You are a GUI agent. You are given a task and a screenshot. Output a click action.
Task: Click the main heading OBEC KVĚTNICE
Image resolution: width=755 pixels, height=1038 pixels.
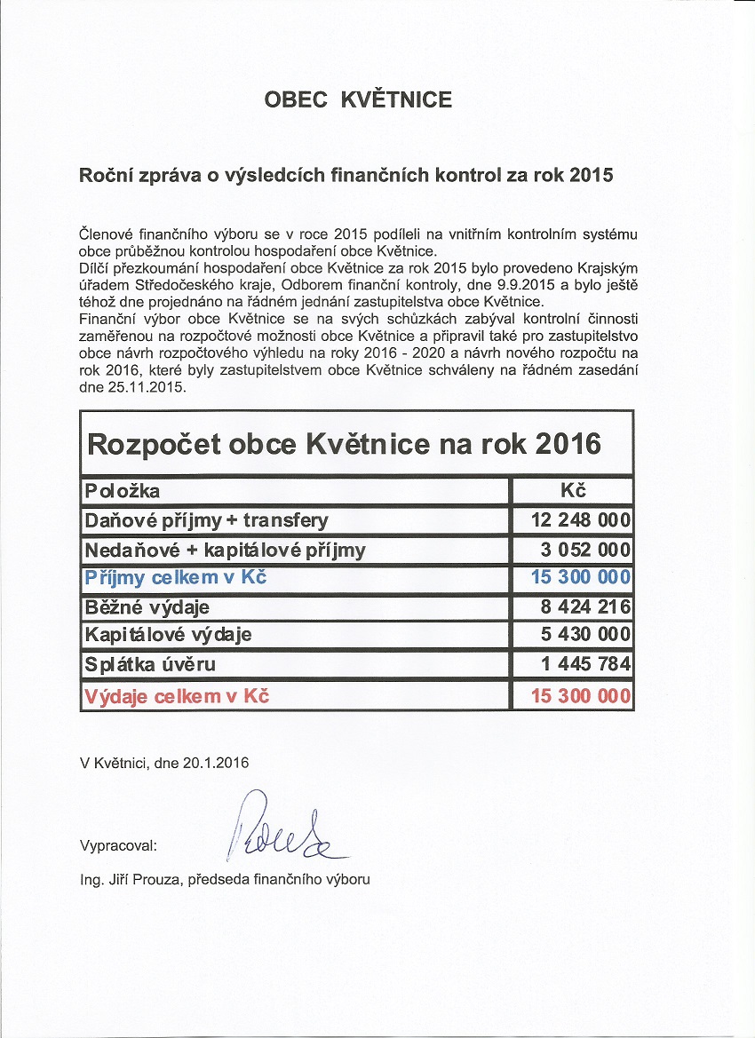[x=358, y=99]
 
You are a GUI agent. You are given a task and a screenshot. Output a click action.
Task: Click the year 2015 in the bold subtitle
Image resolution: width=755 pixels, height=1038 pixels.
[x=591, y=175]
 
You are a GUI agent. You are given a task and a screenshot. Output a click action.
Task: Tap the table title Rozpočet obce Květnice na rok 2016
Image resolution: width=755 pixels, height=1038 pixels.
[x=344, y=442]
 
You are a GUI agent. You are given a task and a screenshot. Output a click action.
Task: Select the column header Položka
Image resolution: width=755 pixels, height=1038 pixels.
[x=123, y=491]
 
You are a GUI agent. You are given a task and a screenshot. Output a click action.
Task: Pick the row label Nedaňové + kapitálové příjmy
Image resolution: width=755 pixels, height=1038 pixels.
[x=225, y=550]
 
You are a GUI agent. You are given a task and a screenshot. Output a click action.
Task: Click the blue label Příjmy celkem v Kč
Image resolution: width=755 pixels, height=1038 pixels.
[x=176, y=578]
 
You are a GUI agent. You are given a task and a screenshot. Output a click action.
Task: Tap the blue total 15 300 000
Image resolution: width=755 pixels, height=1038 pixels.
[x=581, y=578]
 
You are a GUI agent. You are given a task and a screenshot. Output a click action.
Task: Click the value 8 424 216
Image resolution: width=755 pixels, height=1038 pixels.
[x=581, y=607]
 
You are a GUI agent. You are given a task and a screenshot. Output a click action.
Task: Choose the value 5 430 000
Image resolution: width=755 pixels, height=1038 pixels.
[x=581, y=635]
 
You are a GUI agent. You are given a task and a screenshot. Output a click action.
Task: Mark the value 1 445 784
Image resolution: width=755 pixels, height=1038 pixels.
[x=581, y=663]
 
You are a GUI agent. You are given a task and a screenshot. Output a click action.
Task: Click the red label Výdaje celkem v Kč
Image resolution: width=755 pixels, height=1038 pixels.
[x=177, y=695]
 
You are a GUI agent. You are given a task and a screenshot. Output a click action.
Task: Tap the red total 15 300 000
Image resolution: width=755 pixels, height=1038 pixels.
[x=581, y=695]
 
